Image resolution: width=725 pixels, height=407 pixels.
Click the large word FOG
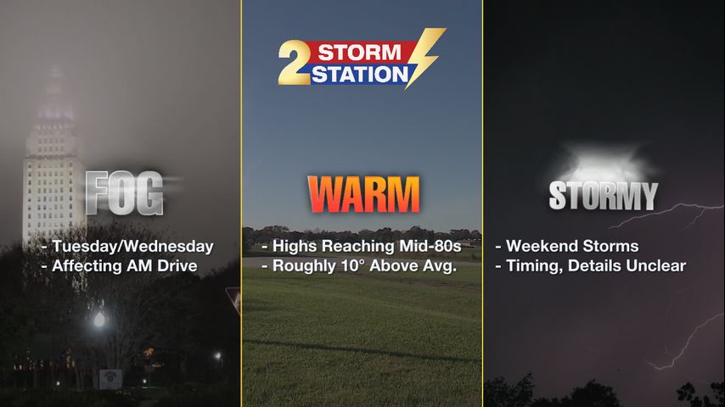pos(125,193)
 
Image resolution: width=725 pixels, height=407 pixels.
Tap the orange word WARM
pos(363,194)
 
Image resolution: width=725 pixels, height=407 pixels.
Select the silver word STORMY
pos(604,196)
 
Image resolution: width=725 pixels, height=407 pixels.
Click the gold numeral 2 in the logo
pos(294,63)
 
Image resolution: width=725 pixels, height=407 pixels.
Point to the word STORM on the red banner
pos(360,53)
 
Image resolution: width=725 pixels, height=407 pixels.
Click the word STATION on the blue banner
pos(360,74)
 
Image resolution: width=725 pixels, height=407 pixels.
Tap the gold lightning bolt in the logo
pos(425,56)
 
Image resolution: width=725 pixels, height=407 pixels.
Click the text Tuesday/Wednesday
pos(132,247)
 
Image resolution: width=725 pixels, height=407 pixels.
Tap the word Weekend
pos(538,246)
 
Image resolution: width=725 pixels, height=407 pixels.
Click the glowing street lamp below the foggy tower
pos(99,319)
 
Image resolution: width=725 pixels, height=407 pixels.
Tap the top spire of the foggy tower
pos(55,74)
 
